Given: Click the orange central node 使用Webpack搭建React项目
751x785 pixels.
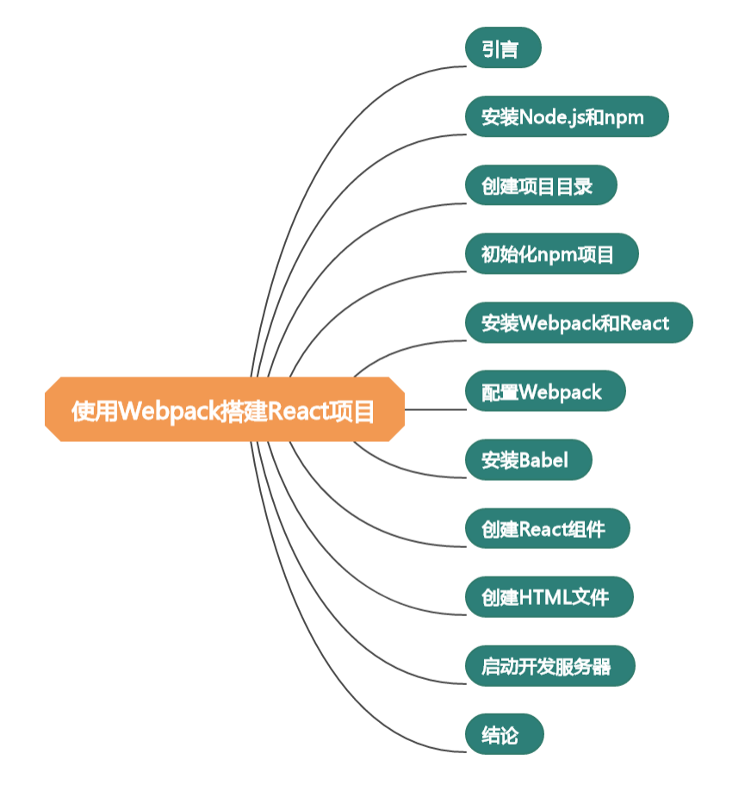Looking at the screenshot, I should [224, 409].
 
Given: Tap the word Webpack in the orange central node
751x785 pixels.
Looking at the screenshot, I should [167, 411].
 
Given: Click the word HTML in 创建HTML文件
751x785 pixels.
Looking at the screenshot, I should [545, 597].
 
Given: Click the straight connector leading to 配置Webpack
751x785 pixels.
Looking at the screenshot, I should [435, 410].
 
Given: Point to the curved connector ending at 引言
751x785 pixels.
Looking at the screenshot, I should [344, 112].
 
